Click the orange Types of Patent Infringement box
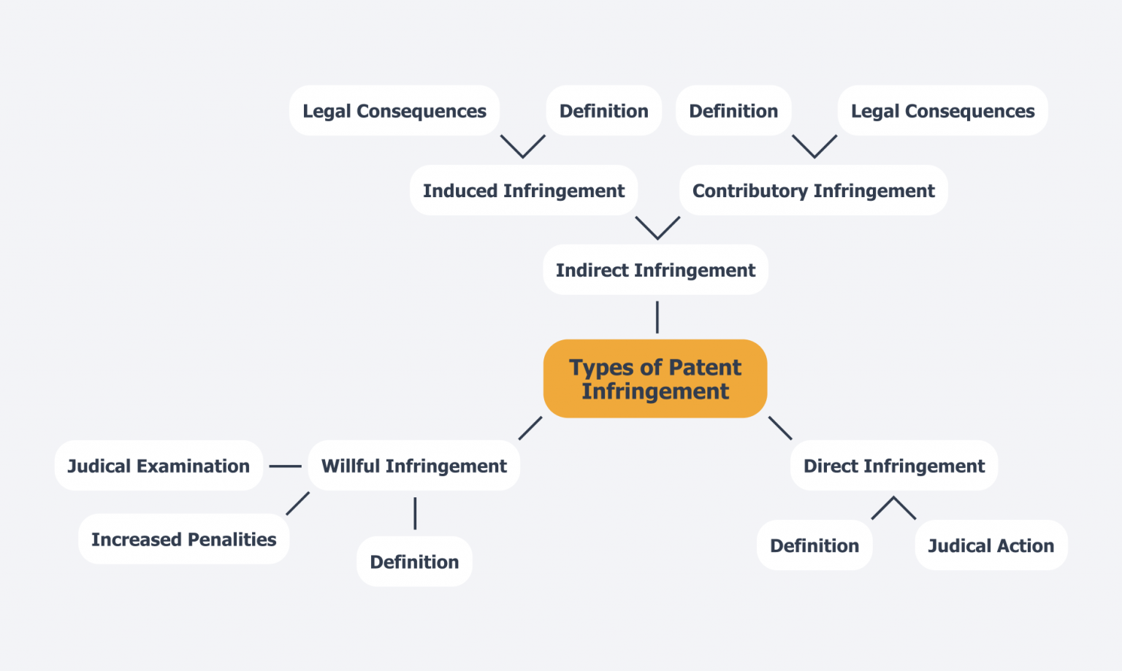click(x=655, y=378)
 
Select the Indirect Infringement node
click(x=655, y=270)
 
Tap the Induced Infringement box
click(x=523, y=191)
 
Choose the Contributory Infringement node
click(x=813, y=191)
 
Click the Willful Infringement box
click(x=413, y=466)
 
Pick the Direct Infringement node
click(x=893, y=466)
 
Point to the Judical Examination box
click(x=159, y=466)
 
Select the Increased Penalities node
click(x=183, y=539)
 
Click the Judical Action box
click(x=991, y=545)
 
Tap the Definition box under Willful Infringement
click(x=414, y=561)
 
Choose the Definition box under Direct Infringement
click(x=814, y=545)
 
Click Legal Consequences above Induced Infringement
click(x=394, y=111)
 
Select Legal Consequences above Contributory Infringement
click(x=942, y=111)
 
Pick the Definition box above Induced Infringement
click(x=603, y=111)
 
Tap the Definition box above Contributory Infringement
click(x=733, y=111)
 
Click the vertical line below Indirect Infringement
click(x=657, y=317)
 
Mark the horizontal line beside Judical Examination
click(x=285, y=466)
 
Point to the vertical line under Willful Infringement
click(x=415, y=513)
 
